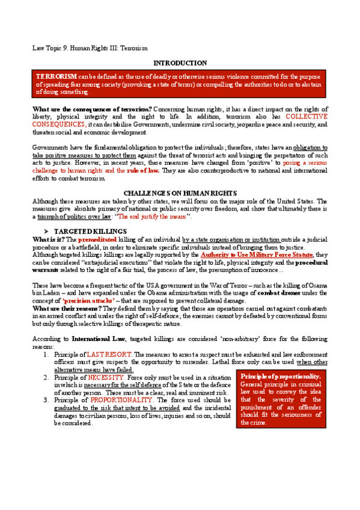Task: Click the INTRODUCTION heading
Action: tap(180, 63)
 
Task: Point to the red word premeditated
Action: tap(97, 239)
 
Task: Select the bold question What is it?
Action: tap(47, 239)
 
